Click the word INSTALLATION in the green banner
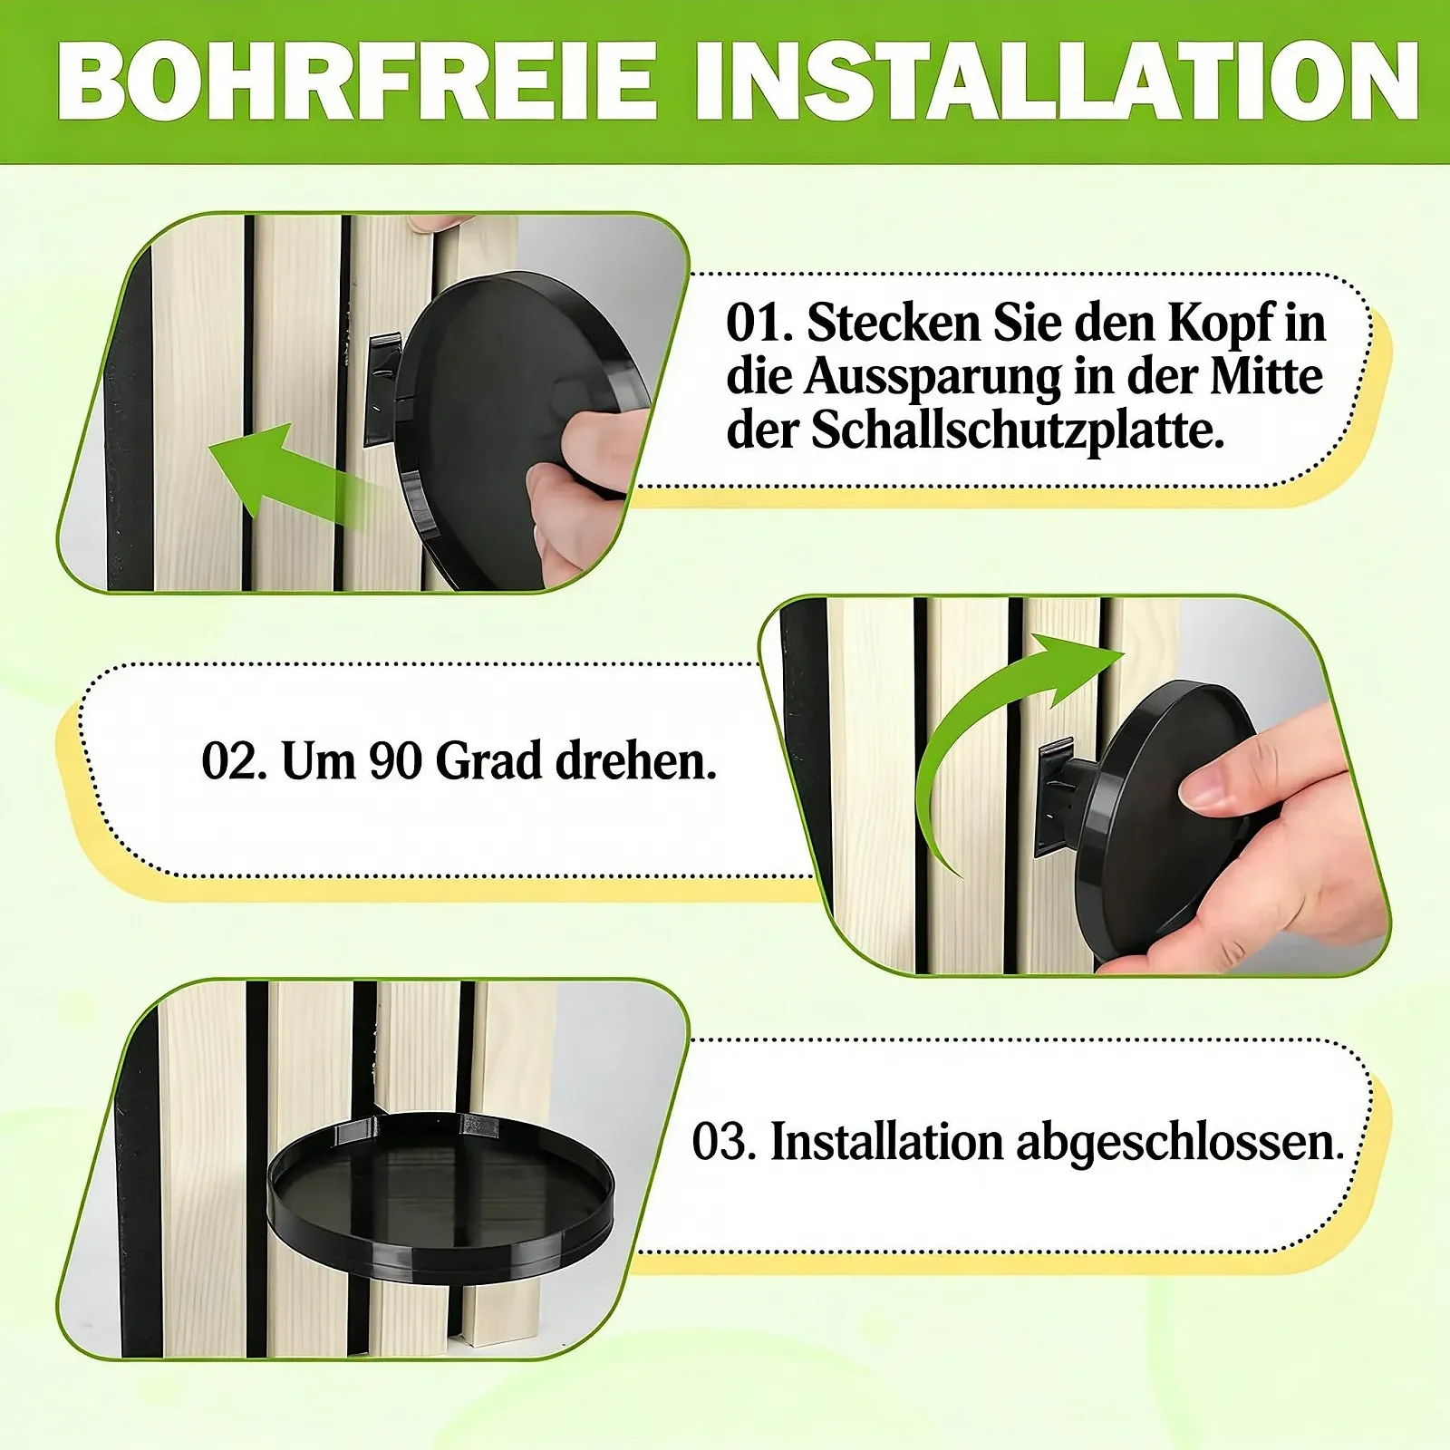point(1057,81)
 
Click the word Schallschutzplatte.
point(1017,430)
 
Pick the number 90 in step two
point(395,761)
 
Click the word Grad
point(488,760)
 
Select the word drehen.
point(635,760)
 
